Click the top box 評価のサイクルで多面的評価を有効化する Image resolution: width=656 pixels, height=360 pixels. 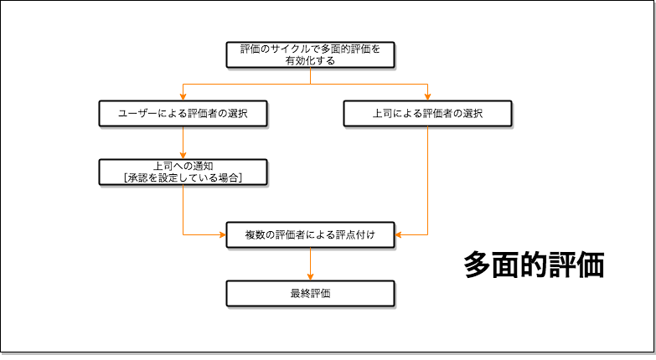(x=310, y=54)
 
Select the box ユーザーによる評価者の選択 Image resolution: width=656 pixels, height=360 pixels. (x=183, y=113)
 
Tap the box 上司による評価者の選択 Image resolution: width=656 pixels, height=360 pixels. (x=427, y=113)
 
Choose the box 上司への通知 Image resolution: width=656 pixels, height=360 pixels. (x=183, y=172)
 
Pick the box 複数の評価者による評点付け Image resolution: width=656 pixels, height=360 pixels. (x=310, y=235)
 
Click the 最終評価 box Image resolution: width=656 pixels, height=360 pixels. (x=310, y=293)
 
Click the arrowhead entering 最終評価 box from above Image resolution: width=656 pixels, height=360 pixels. (x=310, y=276)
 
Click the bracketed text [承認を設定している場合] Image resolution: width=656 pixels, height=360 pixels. (x=183, y=177)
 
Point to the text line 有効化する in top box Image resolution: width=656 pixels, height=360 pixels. (x=310, y=60)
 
